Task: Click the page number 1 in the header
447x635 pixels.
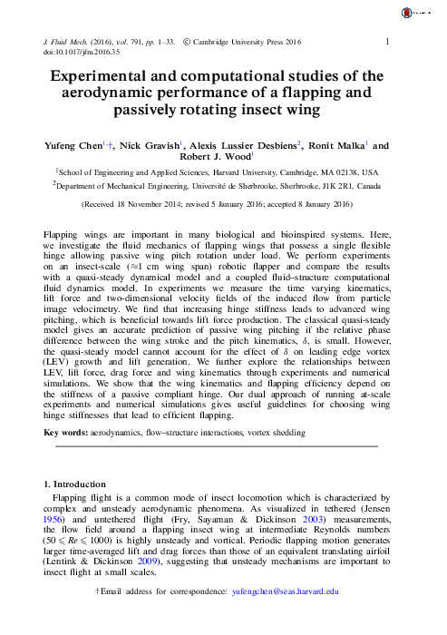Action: [x=388, y=42]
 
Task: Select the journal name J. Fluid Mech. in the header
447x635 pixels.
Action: [x=73, y=42]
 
